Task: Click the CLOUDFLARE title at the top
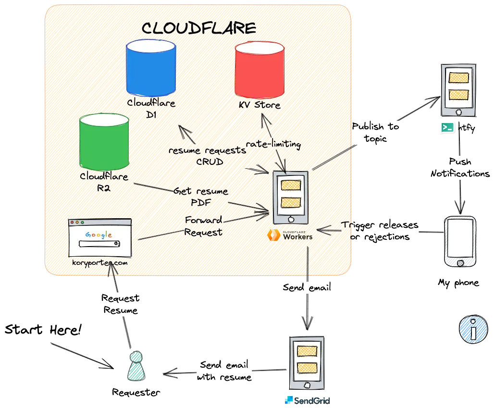(x=198, y=28)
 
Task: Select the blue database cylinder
(x=150, y=68)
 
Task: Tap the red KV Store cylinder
(x=260, y=70)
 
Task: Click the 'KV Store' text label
(x=260, y=105)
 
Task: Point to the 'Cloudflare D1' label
(x=151, y=108)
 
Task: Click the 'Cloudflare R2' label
(x=104, y=182)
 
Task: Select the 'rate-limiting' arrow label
(x=273, y=144)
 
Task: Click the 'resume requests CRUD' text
(x=208, y=156)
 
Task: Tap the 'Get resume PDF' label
(x=200, y=196)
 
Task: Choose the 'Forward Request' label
(x=204, y=226)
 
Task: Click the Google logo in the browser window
(x=99, y=235)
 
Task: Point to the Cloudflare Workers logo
(x=291, y=236)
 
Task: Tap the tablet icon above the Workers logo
(x=290, y=197)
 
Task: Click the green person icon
(x=136, y=366)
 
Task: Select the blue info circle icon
(x=473, y=330)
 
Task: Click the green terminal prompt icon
(x=447, y=127)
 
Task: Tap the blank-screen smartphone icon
(x=460, y=241)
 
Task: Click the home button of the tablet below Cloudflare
(x=307, y=385)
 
